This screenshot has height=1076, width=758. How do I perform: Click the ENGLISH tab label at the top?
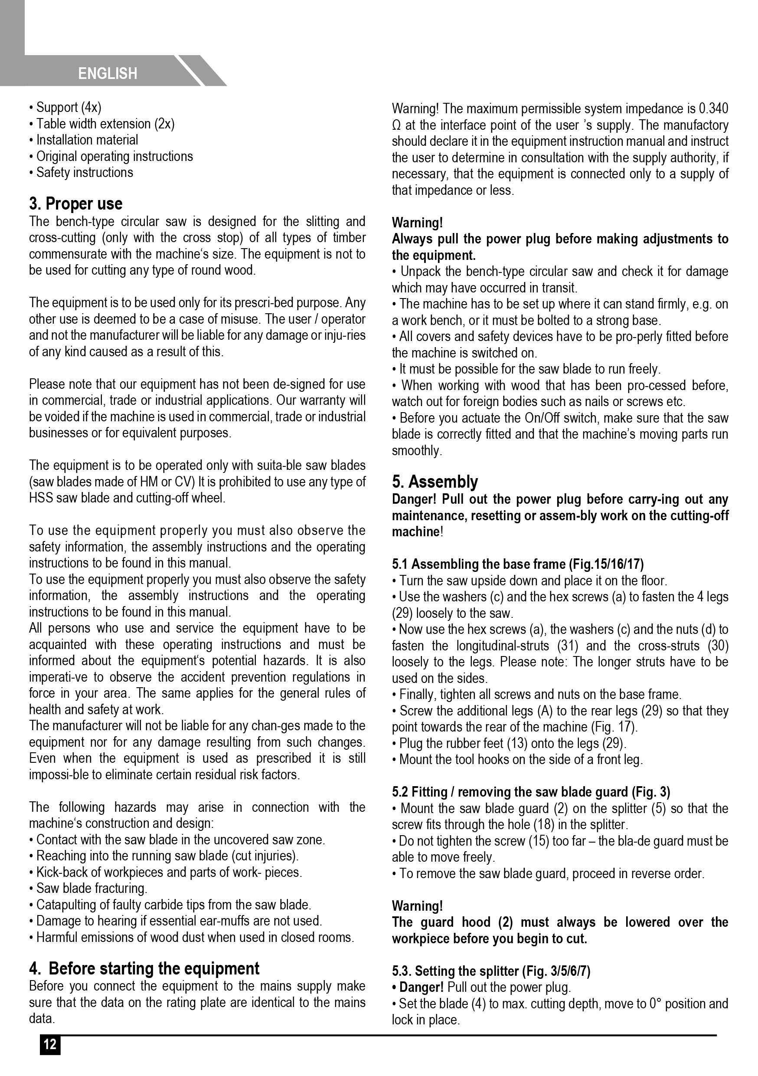(x=108, y=74)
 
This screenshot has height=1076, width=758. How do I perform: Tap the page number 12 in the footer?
(x=50, y=1045)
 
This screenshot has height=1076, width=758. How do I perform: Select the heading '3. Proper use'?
(x=76, y=204)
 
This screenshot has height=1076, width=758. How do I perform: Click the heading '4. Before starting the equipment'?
(x=144, y=969)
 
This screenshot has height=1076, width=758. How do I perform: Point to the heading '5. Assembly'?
(x=435, y=482)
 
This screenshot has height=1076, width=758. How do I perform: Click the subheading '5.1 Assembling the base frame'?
(x=518, y=564)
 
